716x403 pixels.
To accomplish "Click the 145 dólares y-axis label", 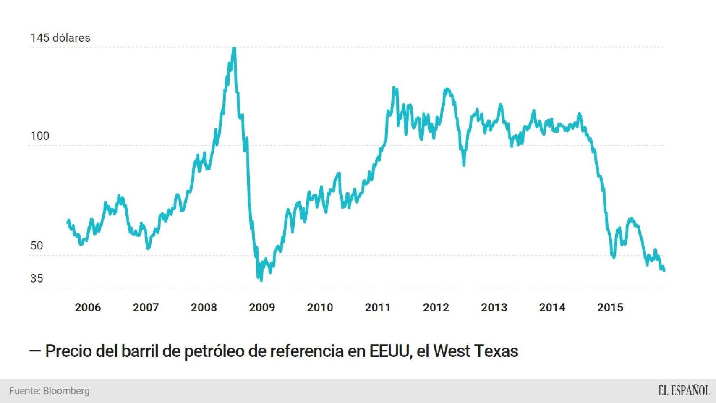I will (60, 38).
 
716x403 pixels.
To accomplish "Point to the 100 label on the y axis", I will (40, 136).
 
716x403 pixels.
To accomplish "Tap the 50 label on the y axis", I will (37, 246).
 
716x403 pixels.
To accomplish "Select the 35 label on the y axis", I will (37, 278).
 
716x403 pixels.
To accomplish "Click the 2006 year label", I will (88, 307).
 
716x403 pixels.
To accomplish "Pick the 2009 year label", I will (262, 307).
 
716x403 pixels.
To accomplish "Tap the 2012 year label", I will (436, 307).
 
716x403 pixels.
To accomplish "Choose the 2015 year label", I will (610, 307).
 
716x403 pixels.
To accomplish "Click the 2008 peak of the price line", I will (234, 49).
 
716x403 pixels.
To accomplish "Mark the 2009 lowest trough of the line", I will (261, 280).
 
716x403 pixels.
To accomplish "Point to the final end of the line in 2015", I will (664, 271).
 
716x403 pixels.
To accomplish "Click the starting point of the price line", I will (68, 221).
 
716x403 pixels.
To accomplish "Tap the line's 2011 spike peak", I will (394, 88).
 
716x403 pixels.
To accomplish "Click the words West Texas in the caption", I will (476, 351).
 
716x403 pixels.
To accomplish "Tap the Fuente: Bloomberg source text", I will (50, 391).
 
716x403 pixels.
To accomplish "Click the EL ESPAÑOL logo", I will (683, 391).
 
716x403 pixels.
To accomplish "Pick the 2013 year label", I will (494, 307).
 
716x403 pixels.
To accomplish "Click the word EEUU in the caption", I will (389, 351).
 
